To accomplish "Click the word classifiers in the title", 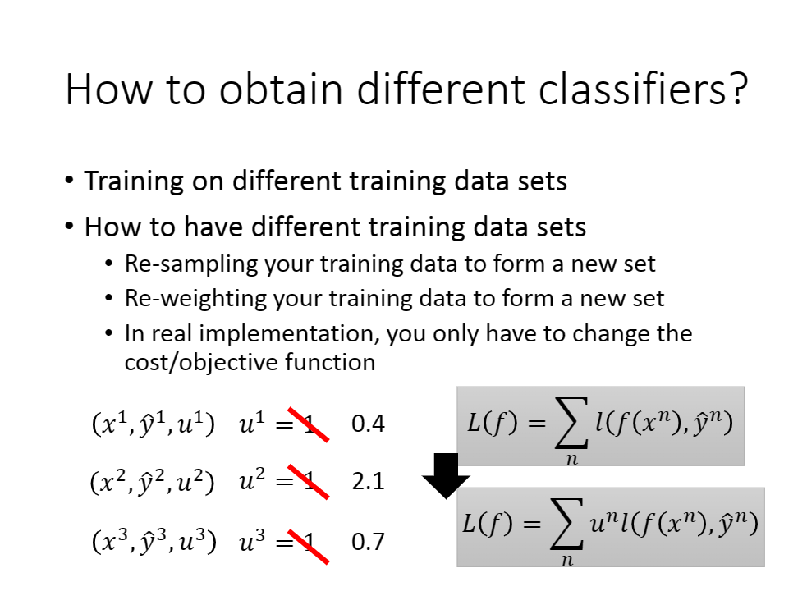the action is click(635, 88).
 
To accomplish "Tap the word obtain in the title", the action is click(281, 88).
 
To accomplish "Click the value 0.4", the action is click(368, 424).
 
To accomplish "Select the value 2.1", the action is click(368, 481).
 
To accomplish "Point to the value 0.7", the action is click(368, 541).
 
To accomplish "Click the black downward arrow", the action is click(446, 476).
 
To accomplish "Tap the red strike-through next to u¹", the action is click(309, 424).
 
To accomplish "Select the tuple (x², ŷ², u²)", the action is click(153, 482).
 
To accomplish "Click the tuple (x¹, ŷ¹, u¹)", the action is click(153, 424).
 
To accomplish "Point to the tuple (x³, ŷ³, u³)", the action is click(154, 542).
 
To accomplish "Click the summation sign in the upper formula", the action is click(572, 423).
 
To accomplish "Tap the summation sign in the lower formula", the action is click(567, 523).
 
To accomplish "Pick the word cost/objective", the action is click(201, 363).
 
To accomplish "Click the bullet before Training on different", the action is click(70, 181).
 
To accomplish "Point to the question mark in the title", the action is click(740, 88).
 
